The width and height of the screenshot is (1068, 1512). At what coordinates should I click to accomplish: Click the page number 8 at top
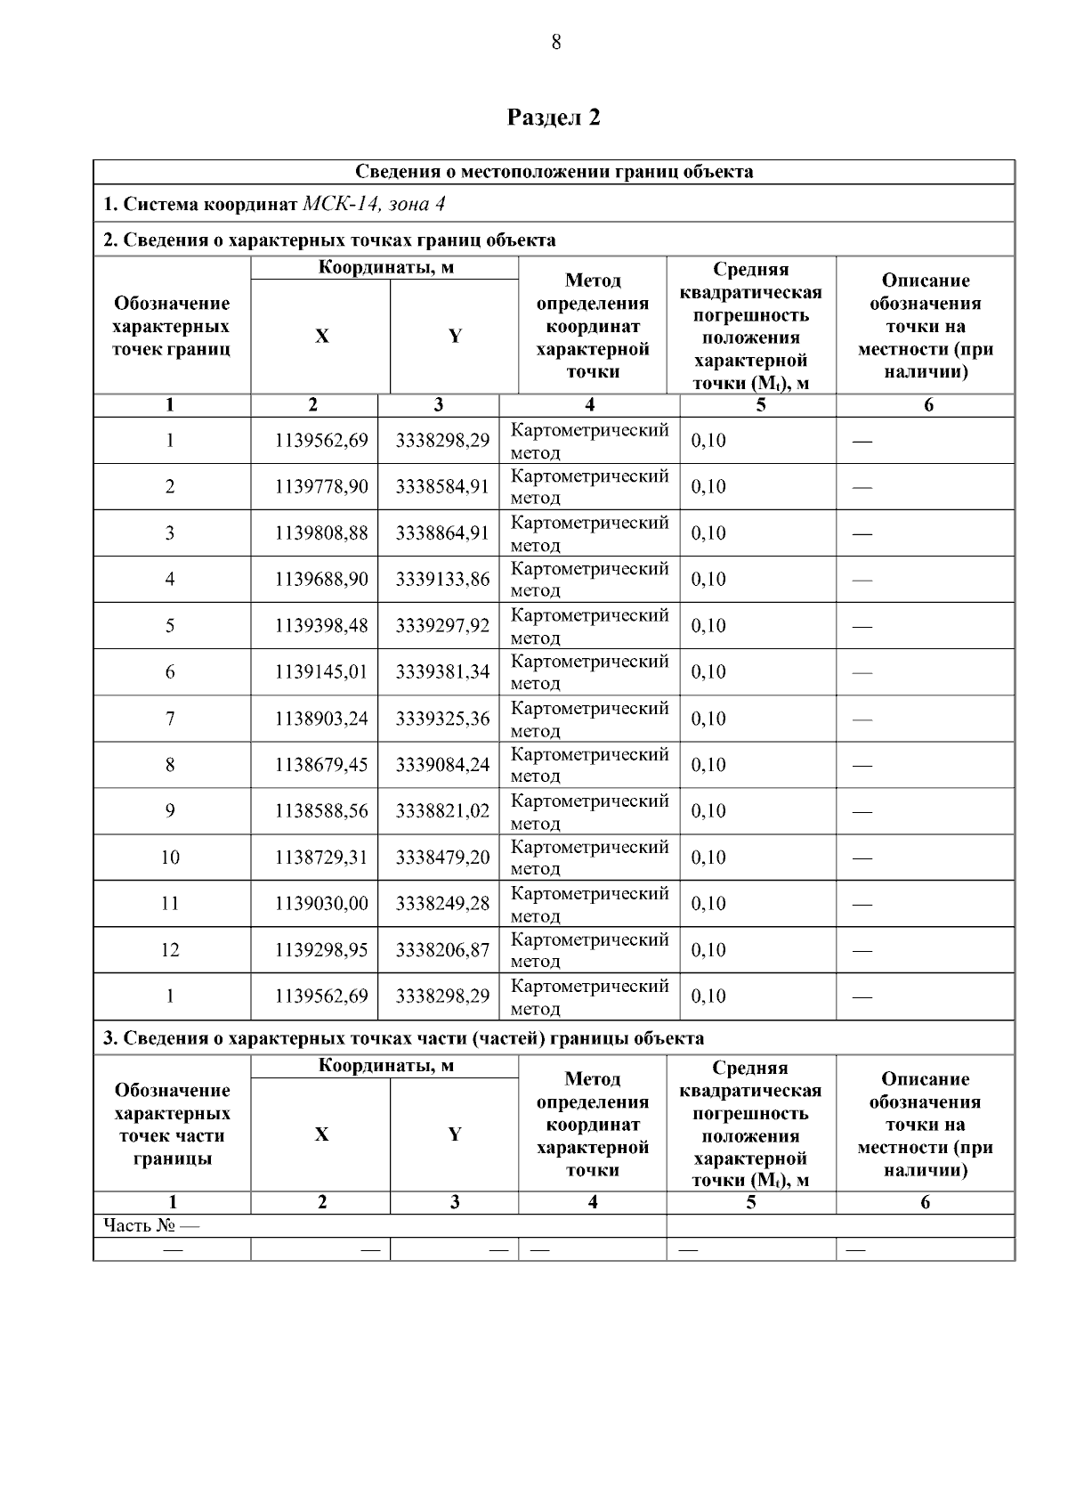point(555,42)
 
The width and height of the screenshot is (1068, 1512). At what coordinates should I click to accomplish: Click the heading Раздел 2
point(554,118)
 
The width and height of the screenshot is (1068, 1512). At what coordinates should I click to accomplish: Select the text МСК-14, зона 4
point(374,204)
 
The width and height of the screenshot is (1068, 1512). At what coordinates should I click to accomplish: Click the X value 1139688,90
point(321,580)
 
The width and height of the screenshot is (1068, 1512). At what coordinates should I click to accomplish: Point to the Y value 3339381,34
point(442,672)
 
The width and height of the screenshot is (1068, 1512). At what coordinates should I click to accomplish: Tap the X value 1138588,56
point(321,811)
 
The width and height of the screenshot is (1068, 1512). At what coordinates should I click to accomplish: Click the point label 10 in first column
point(170,858)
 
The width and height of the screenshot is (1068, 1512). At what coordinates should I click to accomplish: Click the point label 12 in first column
point(170,950)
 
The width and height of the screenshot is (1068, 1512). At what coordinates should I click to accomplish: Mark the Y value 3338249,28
point(442,904)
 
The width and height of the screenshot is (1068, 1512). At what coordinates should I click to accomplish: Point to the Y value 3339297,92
point(442,626)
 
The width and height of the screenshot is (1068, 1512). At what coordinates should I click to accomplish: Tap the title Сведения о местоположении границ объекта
point(554,172)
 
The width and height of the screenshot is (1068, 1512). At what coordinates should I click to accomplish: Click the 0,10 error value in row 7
point(708,719)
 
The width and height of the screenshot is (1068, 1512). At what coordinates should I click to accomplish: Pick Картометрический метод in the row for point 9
point(589,811)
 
